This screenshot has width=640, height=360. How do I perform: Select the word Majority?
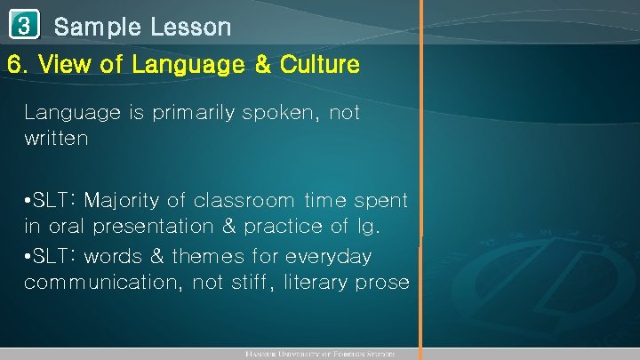click(x=132, y=201)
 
